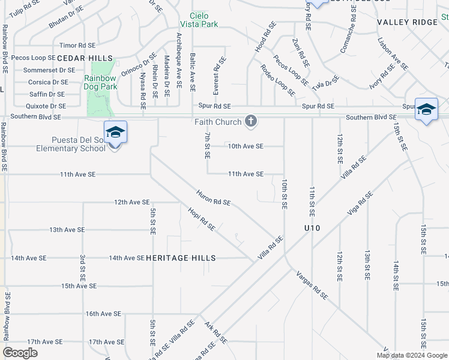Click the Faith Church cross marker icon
[251, 122]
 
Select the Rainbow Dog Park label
[100, 82]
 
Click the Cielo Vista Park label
[200, 20]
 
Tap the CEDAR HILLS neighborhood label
[85, 58]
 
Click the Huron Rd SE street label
[213, 198]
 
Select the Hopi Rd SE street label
[201, 219]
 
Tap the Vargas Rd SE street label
[312, 285]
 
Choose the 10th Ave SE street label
[246, 146]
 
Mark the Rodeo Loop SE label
[277, 81]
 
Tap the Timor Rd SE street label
[77, 45]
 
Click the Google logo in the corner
[20, 352]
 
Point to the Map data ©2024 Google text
[411, 355]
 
